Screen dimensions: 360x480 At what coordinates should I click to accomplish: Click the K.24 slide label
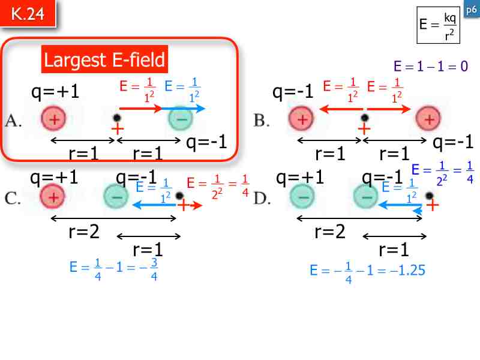tap(28, 14)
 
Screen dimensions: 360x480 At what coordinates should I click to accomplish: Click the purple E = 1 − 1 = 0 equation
tap(430, 66)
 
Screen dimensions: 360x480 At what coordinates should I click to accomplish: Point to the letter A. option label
tap(14, 121)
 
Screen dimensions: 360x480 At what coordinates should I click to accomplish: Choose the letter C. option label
tap(14, 199)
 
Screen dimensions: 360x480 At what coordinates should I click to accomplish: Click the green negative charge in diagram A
tap(181, 119)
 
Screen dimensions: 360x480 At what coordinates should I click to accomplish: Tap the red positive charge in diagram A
tap(53, 119)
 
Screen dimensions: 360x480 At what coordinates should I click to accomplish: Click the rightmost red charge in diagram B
tap(429, 119)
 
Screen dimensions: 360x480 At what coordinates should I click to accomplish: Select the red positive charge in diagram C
tap(53, 197)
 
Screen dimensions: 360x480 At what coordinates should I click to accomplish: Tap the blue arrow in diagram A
tap(184, 109)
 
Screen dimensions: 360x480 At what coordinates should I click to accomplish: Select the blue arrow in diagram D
tap(399, 205)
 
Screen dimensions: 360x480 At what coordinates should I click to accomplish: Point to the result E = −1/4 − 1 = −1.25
tap(367, 270)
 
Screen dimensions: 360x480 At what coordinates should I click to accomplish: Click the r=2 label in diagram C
tap(85, 232)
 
